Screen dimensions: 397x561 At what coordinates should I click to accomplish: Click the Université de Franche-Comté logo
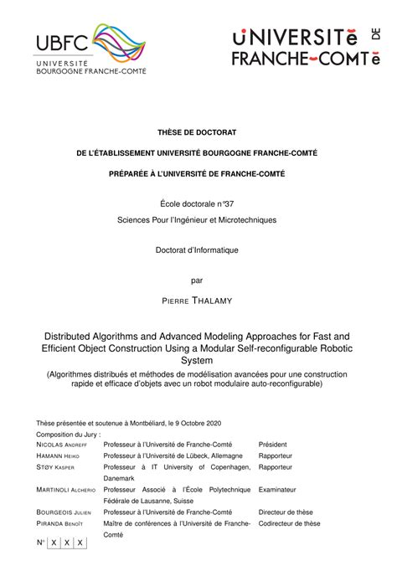[302, 47]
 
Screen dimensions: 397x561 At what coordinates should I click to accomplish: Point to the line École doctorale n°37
[198, 204]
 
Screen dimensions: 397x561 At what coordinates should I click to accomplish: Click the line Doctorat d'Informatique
[198, 250]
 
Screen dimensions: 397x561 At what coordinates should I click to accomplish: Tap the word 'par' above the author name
[198, 280]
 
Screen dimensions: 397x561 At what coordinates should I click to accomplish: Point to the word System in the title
[198, 360]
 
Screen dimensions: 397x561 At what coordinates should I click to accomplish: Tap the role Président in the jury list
[274, 445]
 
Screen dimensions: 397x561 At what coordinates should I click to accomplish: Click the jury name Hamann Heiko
[59, 455]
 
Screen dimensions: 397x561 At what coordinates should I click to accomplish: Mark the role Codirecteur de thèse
[289, 522]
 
